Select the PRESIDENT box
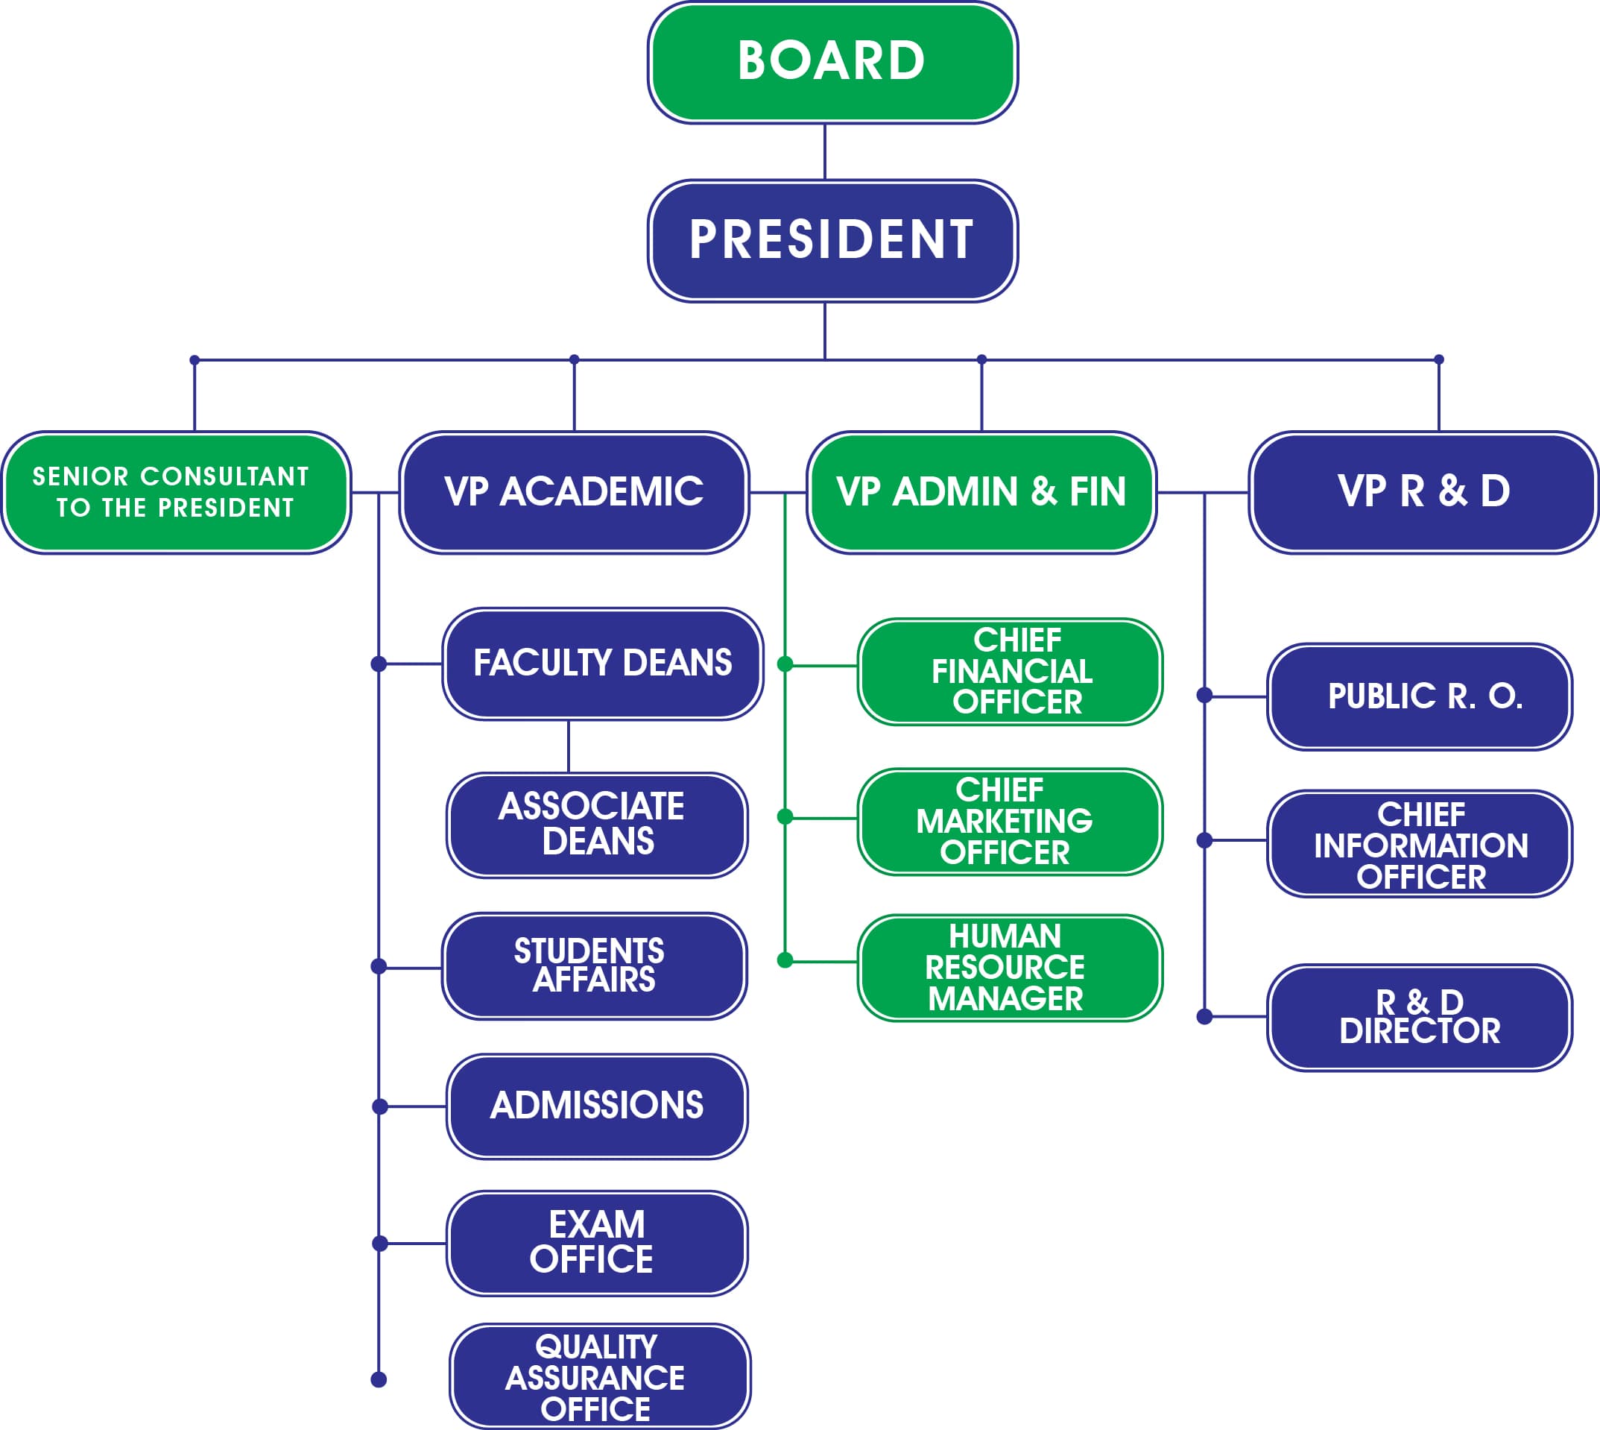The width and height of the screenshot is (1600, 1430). [x=832, y=240]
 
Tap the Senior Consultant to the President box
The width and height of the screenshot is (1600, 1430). [x=176, y=493]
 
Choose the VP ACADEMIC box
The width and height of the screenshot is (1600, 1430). [x=574, y=493]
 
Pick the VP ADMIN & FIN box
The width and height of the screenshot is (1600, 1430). [x=981, y=493]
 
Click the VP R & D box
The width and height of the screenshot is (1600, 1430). [x=1423, y=493]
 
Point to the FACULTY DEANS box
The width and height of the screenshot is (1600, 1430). [x=602, y=664]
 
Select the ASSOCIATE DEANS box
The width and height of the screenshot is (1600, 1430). [x=597, y=825]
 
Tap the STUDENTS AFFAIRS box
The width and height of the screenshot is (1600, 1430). [x=594, y=966]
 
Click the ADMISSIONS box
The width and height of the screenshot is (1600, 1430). [x=597, y=1106]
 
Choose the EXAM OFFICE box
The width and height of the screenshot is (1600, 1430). [x=597, y=1244]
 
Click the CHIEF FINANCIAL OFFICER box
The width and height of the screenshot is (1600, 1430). [x=1010, y=672]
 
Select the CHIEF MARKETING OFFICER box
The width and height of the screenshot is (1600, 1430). [x=1010, y=822]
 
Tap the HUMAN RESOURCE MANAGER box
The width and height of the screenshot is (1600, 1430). [x=1010, y=968]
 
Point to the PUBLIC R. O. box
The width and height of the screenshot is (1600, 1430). [x=1420, y=697]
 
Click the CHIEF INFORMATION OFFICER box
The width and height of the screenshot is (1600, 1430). [x=1420, y=844]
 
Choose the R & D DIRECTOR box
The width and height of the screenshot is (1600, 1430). [x=1420, y=1018]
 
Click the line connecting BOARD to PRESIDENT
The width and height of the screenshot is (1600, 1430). [x=825, y=151]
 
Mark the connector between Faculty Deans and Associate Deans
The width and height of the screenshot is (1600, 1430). [x=569, y=746]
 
